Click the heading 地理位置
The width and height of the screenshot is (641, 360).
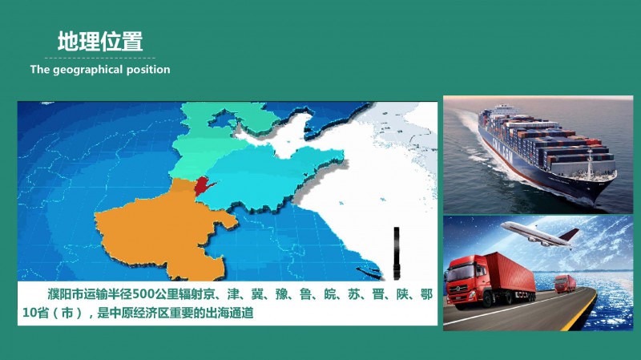click(x=100, y=42)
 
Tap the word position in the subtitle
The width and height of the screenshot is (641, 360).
click(x=148, y=70)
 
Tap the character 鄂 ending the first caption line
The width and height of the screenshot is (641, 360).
click(x=426, y=294)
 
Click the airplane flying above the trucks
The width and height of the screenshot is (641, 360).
click(x=540, y=234)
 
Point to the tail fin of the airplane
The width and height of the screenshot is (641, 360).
click(x=570, y=234)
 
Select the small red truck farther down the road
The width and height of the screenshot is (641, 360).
click(x=566, y=284)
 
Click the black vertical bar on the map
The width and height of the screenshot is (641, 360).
click(x=396, y=253)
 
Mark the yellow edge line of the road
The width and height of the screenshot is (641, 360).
click(x=579, y=312)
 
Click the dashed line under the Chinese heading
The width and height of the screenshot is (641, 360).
click(x=100, y=58)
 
